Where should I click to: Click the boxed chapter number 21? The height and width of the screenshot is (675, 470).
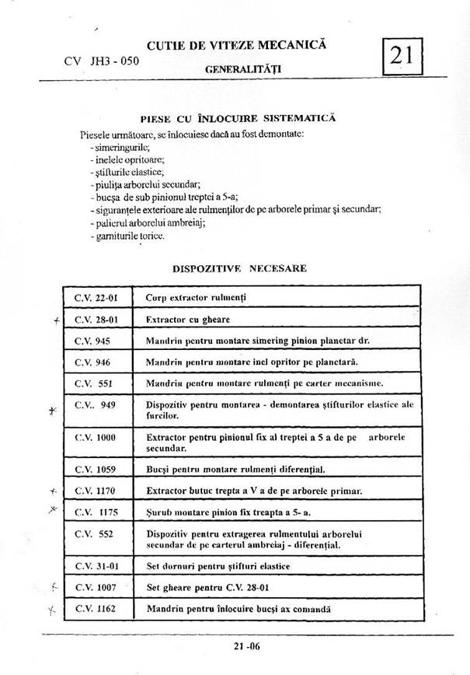point(401,56)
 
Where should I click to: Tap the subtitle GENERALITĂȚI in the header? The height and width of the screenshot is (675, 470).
point(242,69)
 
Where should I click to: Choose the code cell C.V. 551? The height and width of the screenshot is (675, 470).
point(94,383)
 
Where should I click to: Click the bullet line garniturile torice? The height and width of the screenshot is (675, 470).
point(127,235)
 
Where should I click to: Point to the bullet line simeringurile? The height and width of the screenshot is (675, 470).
point(121,146)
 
